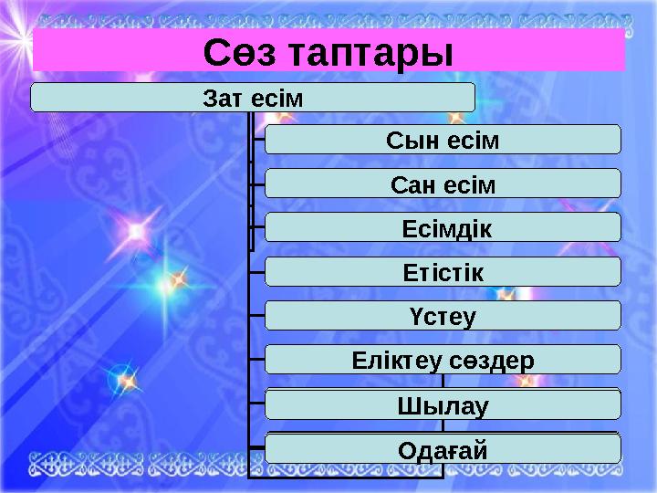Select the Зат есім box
[253, 97]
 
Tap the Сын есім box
[443, 140]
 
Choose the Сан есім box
[443, 184]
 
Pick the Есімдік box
[443, 227]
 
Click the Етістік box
[443, 271]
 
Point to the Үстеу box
[443, 315]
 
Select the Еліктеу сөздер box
[443, 359]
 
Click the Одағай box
[443, 448]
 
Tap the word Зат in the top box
[222, 97]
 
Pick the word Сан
[410, 184]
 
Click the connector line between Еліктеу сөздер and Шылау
[443, 381]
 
